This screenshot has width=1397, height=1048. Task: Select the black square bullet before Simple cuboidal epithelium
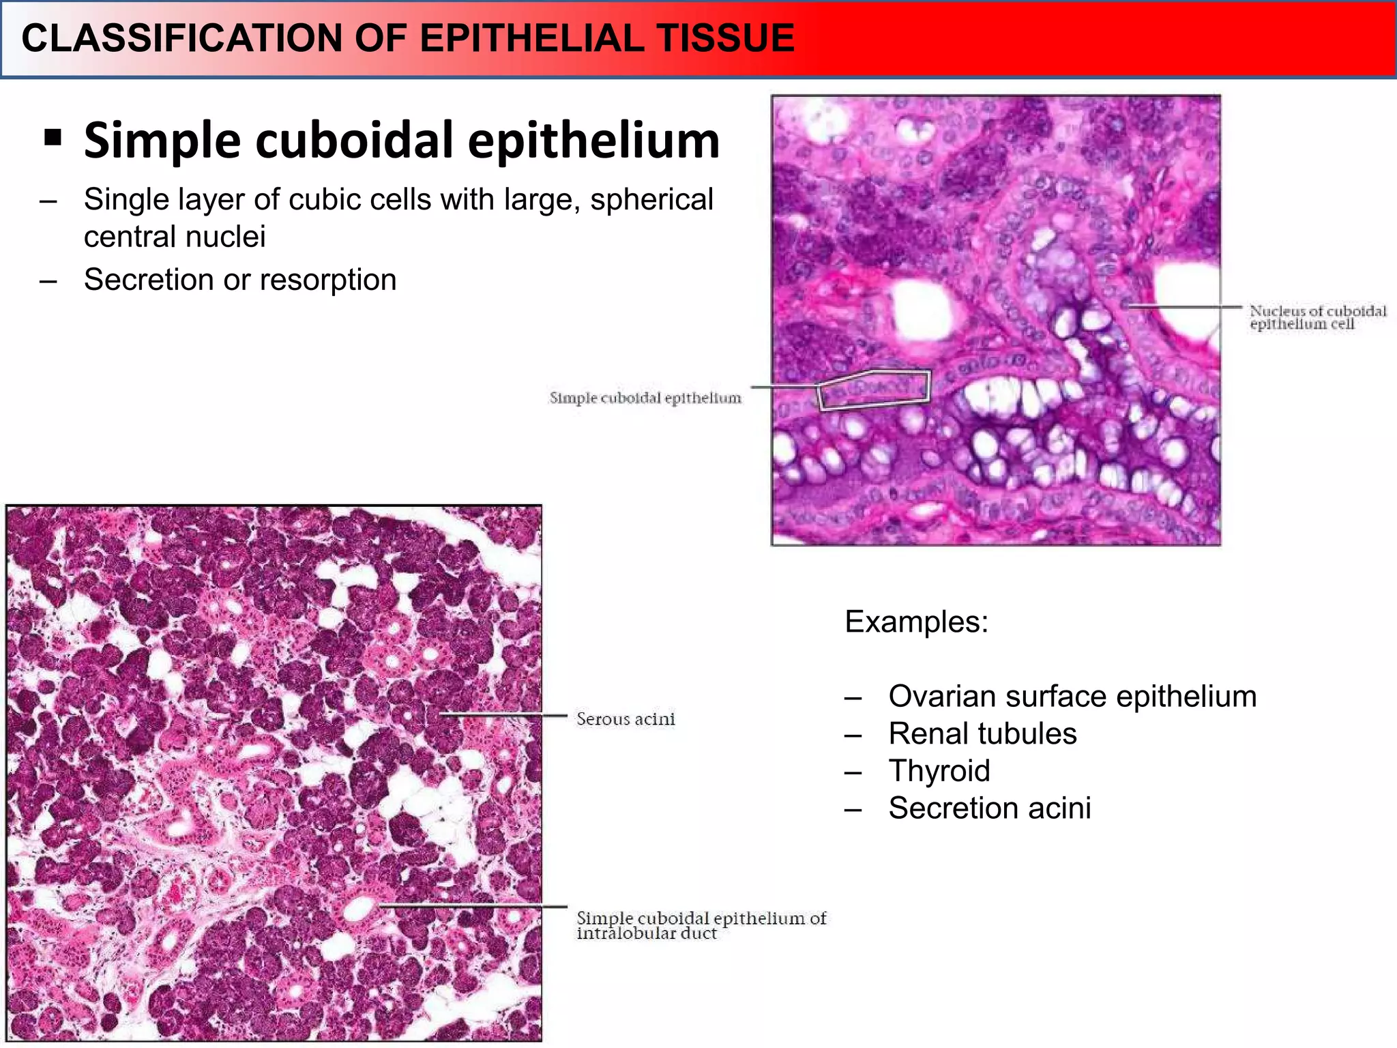[53, 138]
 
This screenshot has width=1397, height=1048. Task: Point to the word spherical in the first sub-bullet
[651, 200]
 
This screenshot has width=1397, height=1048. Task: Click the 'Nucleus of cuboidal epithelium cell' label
[1317, 317]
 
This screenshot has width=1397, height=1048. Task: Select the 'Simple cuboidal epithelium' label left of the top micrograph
[645, 398]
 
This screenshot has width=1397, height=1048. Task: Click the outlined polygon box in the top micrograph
[874, 390]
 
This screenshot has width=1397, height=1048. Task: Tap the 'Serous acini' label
[626, 719]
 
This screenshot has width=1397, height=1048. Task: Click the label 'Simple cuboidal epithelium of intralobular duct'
[701, 926]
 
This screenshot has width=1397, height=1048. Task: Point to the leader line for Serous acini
[505, 716]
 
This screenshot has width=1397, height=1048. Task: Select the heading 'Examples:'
[916, 622]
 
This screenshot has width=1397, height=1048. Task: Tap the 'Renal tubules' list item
[982, 734]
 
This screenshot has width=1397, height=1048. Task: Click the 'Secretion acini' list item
[989, 809]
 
